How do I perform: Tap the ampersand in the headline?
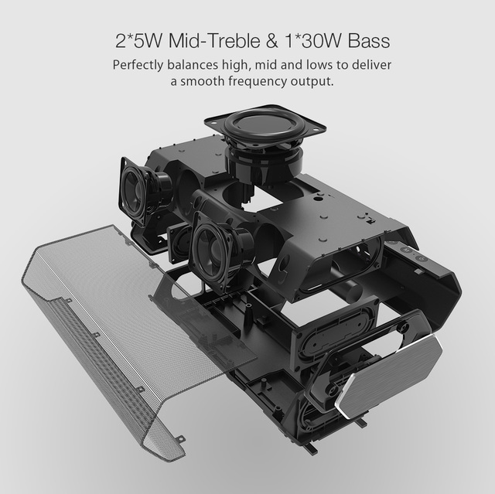[272, 41]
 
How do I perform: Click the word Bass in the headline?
[369, 41]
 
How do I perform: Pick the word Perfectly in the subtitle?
[138, 65]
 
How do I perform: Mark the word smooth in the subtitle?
[202, 81]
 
